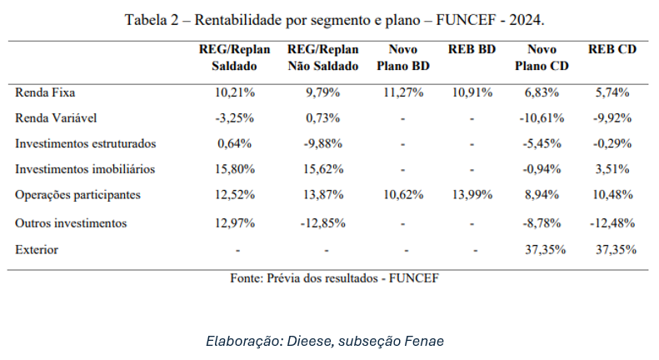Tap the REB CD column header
pos(612,50)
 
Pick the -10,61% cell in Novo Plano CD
pos(542,117)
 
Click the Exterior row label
pos(37,249)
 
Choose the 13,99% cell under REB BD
pos(472,195)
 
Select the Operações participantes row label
pos(77,195)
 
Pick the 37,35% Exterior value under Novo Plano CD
pos(542,249)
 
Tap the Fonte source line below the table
pos(333,277)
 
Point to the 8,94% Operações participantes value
pos(542,195)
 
